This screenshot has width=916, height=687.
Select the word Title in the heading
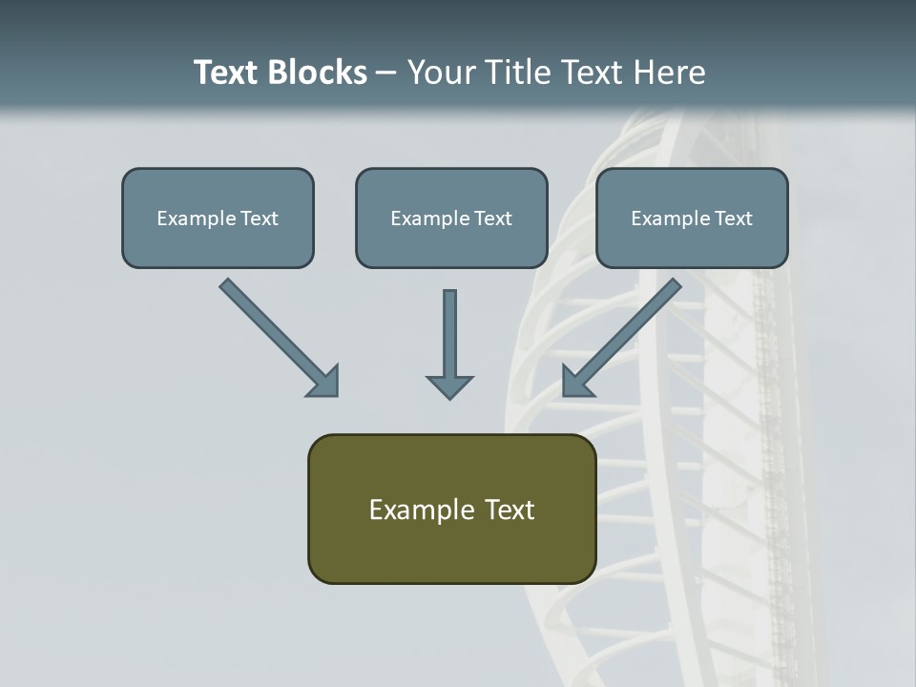513,73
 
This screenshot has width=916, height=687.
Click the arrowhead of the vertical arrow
449,386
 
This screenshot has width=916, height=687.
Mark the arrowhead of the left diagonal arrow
324,382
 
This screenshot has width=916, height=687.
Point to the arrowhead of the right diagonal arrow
576,382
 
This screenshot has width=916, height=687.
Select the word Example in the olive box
422,510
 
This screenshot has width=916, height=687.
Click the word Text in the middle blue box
492,219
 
